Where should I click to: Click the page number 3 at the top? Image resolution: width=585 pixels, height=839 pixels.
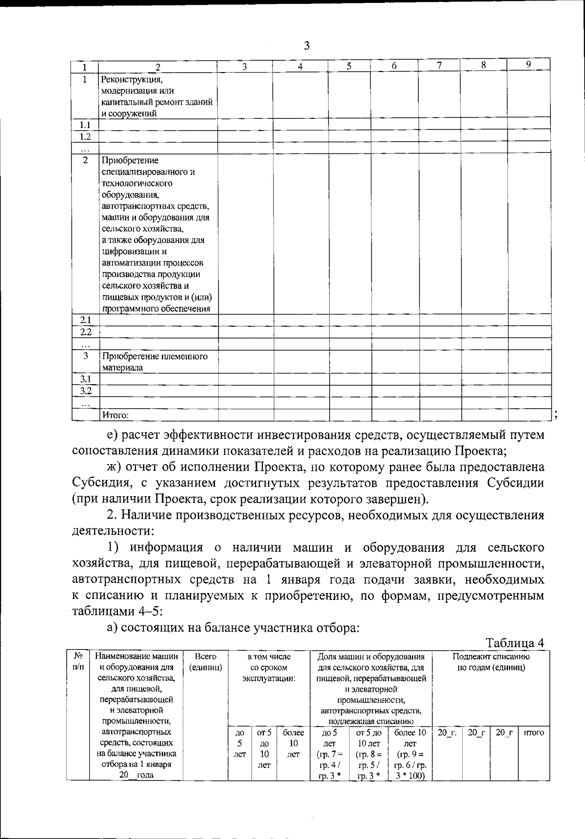coord(307,46)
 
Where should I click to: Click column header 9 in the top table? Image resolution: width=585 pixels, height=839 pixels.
coord(528,64)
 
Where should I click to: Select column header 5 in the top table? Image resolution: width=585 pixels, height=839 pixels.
coord(349,67)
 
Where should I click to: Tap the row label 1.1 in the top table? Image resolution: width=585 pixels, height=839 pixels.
coord(85,125)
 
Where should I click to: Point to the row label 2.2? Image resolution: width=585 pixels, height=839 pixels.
coord(85,332)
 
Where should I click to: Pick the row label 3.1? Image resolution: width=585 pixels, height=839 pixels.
coord(85,379)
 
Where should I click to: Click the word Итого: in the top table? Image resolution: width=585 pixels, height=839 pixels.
coord(115,415)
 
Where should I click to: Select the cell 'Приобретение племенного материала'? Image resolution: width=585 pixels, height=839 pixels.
coord(154,362)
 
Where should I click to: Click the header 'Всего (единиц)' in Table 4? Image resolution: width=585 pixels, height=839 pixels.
coord(205,662)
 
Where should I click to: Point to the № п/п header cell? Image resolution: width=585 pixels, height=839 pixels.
coord(78,662)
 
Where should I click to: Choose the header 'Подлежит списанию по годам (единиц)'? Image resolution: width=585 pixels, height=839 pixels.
coord(491,662)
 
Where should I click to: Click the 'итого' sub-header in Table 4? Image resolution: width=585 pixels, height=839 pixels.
coord(533,732)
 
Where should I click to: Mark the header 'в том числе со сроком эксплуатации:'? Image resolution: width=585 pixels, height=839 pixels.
coord(269,668)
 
